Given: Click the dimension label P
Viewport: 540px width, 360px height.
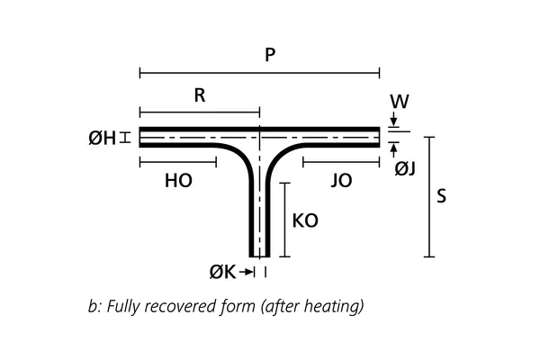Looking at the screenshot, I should (x=269, y=55).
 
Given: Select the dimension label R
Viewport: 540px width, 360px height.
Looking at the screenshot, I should (x=200, y=96).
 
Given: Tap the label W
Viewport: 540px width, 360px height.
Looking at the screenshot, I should (x=400, y=102).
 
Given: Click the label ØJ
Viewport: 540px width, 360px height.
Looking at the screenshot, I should (x=405, y=166).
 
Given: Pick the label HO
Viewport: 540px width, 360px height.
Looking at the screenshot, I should (x=178, y=180).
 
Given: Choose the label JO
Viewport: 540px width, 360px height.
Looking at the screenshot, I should (x=341, y=180).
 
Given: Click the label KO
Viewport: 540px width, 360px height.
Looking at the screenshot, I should (x=306, y=219).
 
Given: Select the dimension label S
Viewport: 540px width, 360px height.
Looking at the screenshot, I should (x=441, y=196).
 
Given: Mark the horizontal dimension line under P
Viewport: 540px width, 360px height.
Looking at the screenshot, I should (x=259, y=73).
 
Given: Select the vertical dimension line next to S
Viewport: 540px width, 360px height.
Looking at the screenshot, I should (x=429, y=196).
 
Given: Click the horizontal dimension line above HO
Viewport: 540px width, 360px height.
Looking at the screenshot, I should (x=178, y=162).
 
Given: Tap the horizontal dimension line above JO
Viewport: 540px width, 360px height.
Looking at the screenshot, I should (x=341, y=162).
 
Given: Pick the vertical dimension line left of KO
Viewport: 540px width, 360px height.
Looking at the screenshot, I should (x=284, y=219).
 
